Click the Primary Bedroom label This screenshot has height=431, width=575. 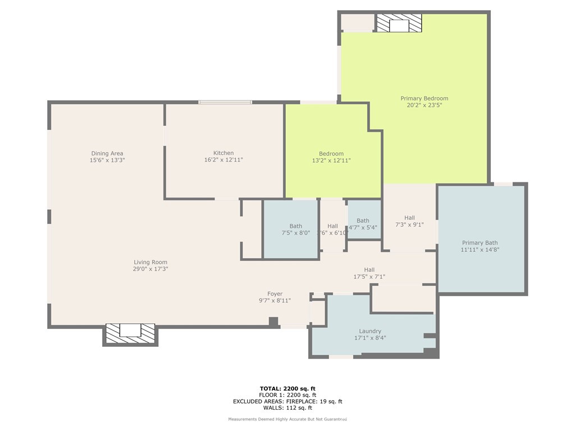(x=424, y=98)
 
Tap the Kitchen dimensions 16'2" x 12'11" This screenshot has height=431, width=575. (x=223, y=160)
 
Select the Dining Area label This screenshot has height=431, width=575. (x=107, y=153)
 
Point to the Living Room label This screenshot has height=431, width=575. (x=150, y=262)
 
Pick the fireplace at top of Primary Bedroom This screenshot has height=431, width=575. (x=399, y=24)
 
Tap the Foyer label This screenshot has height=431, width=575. (x=275, y=294)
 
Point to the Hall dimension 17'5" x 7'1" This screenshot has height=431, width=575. (x=369, y=277)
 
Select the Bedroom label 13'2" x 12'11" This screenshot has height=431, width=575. (x=331, y=154)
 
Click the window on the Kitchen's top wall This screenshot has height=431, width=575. (x=225, y=102)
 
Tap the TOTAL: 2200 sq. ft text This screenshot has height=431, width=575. (x=287, y=388)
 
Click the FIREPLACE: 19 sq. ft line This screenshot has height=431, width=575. (x=287, y=401)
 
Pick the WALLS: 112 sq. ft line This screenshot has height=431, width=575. (x=287, y=408)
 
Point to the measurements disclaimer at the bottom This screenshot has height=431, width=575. (x=287, y=419)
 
